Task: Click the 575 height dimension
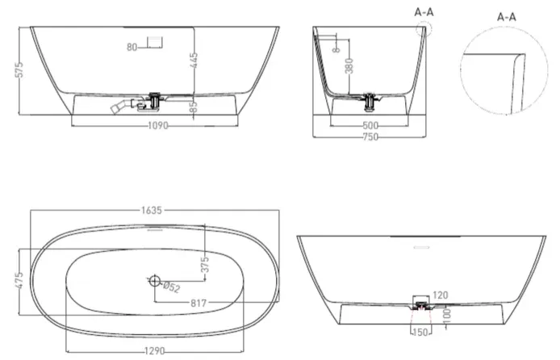(20, 69)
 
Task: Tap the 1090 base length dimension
(158, 126)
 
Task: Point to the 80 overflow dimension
(132, 47)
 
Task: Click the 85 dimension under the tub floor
(194, 106)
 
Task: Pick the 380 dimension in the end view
(349, 65)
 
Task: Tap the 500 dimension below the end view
(370, 126)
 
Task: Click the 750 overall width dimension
(370, 136)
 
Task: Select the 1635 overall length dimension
(152, 211)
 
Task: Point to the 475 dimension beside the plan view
(20, 281)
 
